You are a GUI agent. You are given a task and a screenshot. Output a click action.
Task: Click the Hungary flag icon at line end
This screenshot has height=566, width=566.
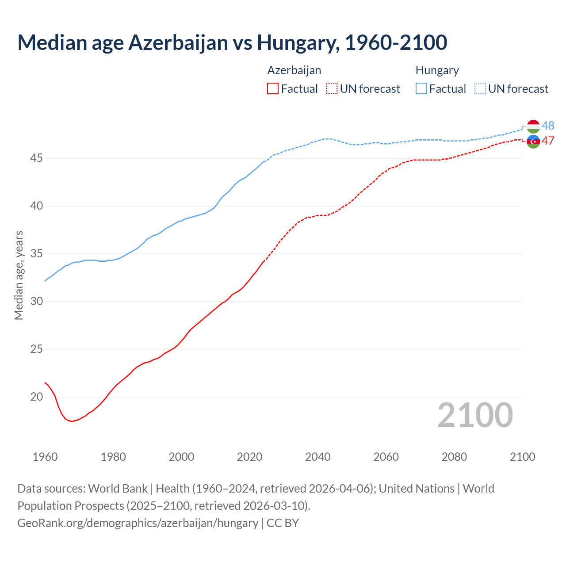pyautogui.click(x=533, y=126)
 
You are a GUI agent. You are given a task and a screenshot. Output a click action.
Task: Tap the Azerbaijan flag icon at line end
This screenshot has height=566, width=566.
pyautogui.click(x=533, y=141)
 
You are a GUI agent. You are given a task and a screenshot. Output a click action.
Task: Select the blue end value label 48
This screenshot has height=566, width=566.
pyautogui.click(x=548, y=126)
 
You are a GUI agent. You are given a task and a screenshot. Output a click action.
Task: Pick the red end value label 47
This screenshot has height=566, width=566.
pyautogui.click(x=548, y=141)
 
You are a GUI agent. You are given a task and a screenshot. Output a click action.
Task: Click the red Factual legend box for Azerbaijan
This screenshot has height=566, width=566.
pyautogui.click(x=273, y=89)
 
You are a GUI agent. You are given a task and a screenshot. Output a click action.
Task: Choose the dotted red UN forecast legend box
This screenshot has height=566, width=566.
pyautogui.click(x=332, y=89)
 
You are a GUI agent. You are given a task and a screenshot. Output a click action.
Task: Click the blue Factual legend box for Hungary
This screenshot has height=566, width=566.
pyautogui.click(x=421, y=89)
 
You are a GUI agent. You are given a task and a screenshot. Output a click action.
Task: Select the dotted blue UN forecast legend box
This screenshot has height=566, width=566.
pyautogui.click(x=480, y=89)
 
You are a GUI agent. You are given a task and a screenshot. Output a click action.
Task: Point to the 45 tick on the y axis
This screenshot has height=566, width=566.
pyautogui.click(x=37, y=158)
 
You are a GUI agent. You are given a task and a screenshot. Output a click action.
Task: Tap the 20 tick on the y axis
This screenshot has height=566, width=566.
pyautogui.click(x=37, y=397)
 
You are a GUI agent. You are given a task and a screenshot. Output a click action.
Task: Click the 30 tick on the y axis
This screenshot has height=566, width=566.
pyautogui.click(x=37, y=301)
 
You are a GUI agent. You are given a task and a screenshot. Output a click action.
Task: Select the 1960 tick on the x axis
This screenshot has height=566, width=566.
pyautogui.click(x=45, y=457)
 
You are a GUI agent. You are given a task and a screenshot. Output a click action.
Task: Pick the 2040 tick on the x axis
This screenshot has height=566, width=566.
pyautogui.click(x=318, y=457)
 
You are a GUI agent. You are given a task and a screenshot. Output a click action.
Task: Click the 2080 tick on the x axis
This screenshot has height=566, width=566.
pyautogui.click(x=454, y=457)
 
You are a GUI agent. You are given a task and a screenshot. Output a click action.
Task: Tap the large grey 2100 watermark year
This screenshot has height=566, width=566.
pyautogui.click(x=475, y=415)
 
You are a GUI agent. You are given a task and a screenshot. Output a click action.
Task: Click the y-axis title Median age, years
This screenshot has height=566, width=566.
pyautogui.click(x=19, y=275)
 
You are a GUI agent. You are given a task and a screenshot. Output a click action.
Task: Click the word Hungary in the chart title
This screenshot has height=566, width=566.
pyautogui.click(x=298, y=42)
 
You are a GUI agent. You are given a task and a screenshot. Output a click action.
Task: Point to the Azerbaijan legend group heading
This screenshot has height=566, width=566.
pyautogui.click(x=294, y=70)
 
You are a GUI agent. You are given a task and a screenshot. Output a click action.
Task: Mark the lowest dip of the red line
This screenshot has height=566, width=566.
pyautogui.click(x=72, y=421)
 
